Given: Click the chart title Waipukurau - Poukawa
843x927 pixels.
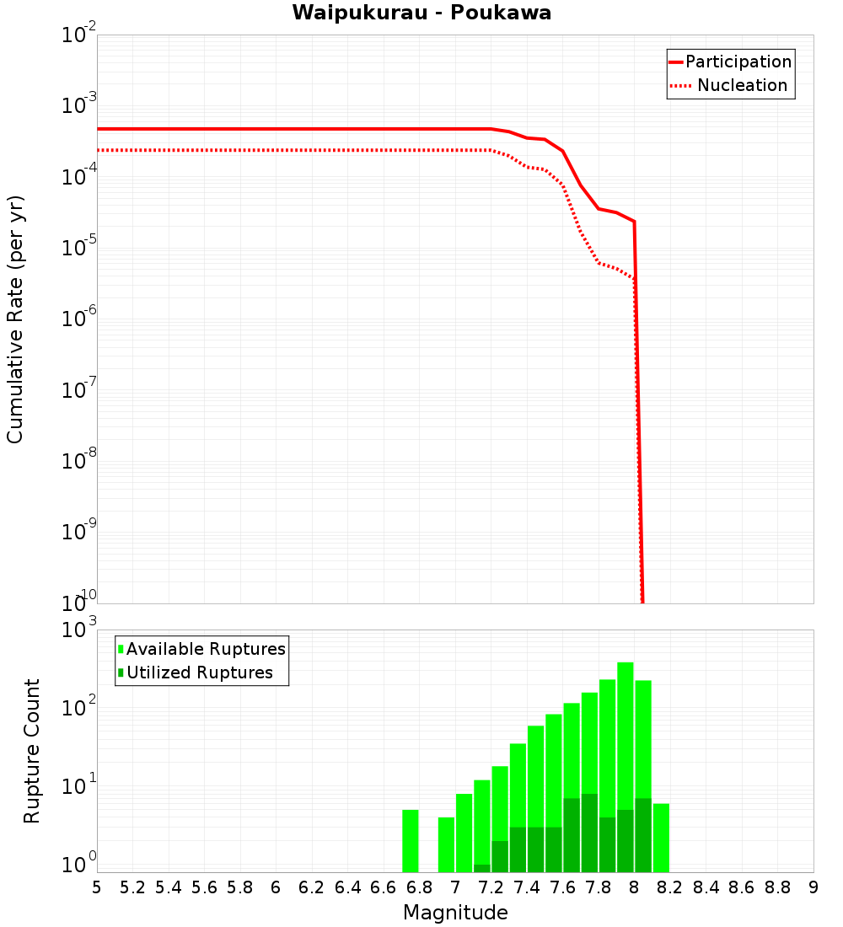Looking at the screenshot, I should pyautogui.click(x=421, y=13).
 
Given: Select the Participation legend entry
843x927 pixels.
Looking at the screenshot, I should pyautogui.click(x=738, y=62).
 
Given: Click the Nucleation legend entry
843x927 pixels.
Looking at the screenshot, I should pyautogui.click(x=741, y=85).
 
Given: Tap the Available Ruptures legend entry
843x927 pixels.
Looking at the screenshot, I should pyautogui.click(x=206, y=649).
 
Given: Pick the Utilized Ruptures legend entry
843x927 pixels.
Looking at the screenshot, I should pyautogui.click(x=199, y=672).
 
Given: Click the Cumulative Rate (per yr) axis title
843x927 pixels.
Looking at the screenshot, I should pyautogui.click(x=15, y=319).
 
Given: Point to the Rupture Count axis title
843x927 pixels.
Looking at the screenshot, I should pyautogui.click(x=32, y=751).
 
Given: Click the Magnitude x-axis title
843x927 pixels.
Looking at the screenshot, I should pyautogui.click(x=455, y=913).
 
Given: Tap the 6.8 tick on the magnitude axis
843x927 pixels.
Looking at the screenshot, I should pyautogui.click(x=419, y=887).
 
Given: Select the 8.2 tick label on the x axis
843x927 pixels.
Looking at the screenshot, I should pyautogui.click(x=670, y=887).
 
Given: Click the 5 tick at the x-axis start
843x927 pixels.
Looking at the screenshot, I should pyautogui.click(x=97, y=887).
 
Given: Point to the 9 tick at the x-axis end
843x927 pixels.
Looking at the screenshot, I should pyautogui.click(x=813, y=887).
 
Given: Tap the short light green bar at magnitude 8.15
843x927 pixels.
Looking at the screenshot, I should pyautogui.click(x=661, y=838).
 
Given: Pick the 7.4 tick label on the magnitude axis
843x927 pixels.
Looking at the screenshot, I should pyautogui.click(x=527, y=887).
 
